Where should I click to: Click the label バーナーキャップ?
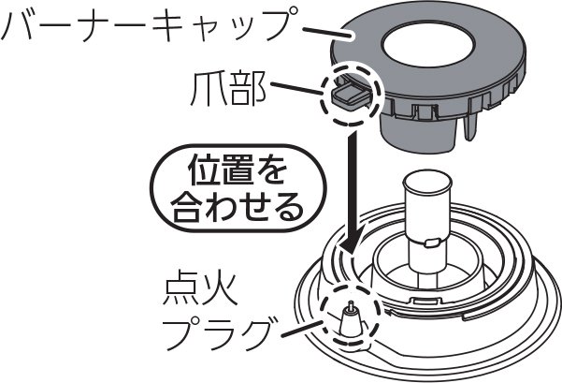pos(149,24)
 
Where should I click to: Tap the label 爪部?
pos(228,89)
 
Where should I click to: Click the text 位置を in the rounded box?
pos(238,169)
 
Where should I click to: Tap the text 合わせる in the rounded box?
pos(237,207)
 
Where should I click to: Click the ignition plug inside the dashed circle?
pos(350,320)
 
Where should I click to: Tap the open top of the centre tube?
pos(427,183)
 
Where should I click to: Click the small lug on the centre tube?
pos(431,243)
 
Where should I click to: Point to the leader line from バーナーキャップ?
pos(327,32)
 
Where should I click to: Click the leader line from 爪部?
pos(296,89)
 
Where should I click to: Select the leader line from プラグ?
pos(302,330)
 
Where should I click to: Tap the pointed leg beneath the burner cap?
pos(470,126)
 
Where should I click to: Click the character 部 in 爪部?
pos(248,89)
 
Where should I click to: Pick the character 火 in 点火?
pos(220,289)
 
